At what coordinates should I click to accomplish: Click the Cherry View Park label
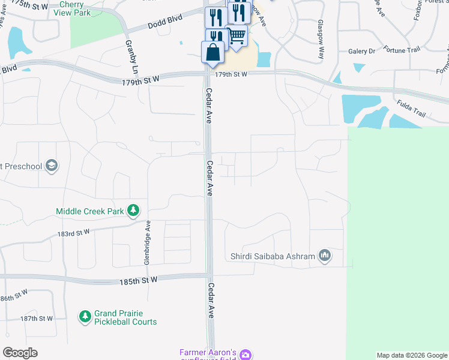coord(88,8)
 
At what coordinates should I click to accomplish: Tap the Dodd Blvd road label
coord(164,24)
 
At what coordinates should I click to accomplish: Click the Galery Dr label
coord(361,52)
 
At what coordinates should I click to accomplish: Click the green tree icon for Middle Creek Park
coord(133,211)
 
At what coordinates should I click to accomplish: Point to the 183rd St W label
coord(74,232)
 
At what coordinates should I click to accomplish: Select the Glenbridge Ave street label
coord(146,242)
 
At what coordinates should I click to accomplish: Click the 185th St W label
coord(138,280)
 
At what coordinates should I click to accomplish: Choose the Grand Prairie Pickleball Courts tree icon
coord(85,316)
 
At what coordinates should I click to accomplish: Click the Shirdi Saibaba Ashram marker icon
coord(325,256)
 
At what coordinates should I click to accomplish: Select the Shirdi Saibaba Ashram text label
coord(273,257)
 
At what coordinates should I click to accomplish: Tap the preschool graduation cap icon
coord(52,166)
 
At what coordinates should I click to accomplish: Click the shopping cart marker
coord(237,35)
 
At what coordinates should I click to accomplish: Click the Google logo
coord(20,352)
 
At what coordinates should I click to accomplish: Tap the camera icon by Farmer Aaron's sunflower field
coord(245,355)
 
